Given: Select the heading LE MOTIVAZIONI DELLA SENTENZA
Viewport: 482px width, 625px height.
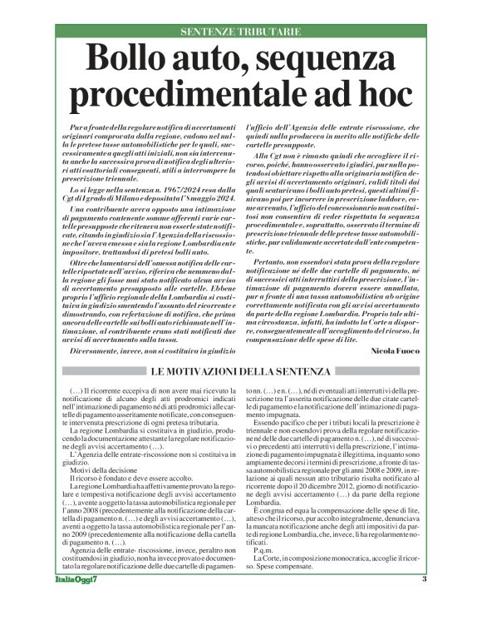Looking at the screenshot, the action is pos(240,370).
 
